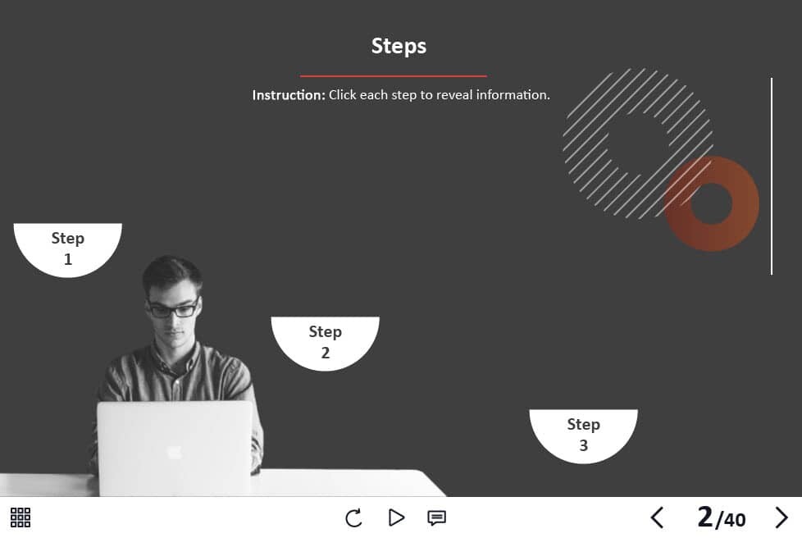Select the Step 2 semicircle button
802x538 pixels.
click(326, 343)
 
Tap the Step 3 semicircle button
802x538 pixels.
click(584, 435)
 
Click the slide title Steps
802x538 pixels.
click(399, 46)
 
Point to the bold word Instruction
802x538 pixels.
click(289, 95)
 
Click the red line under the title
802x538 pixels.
click(394, 75)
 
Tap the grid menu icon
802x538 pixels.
click(21, 517)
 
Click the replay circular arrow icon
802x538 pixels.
click(353, 517)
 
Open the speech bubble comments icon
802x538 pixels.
click(437, 518)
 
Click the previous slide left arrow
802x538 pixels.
click(657, 517)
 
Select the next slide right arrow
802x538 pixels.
click(781, 517)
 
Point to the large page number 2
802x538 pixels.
click(704, 517)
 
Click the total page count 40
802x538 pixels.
click(735, 520)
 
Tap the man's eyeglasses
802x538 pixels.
click(173, 308)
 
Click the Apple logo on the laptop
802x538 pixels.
click(175, 451)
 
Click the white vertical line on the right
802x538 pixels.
click(772, 176)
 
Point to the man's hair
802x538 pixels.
click(172, 271)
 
